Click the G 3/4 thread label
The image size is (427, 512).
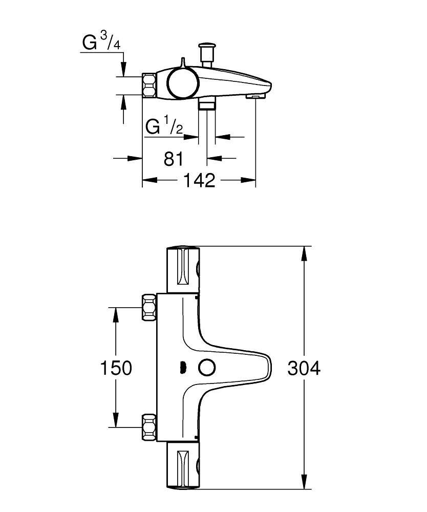pyautogui.click(x=101, y=43)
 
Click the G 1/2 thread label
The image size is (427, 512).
pyautogui.click(x=164, y=126)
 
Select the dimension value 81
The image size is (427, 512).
pyautogui.click(x=174, y=159)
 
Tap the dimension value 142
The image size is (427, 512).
pyautogui.click(x=199, y=180)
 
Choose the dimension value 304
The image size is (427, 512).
pyautogui.click(x=304, y=368)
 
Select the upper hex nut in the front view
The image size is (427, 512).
pyautogui.click(x=149, y=307)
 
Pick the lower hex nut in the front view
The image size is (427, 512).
pyautogui.click(x=149, y=426)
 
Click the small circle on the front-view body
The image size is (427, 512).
pyautogui.click(x=207, y=368)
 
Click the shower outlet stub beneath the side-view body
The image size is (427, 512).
pyautogui.click(x=207, y=104)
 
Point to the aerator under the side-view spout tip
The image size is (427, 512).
pyautogui.click(x=254, y=96)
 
